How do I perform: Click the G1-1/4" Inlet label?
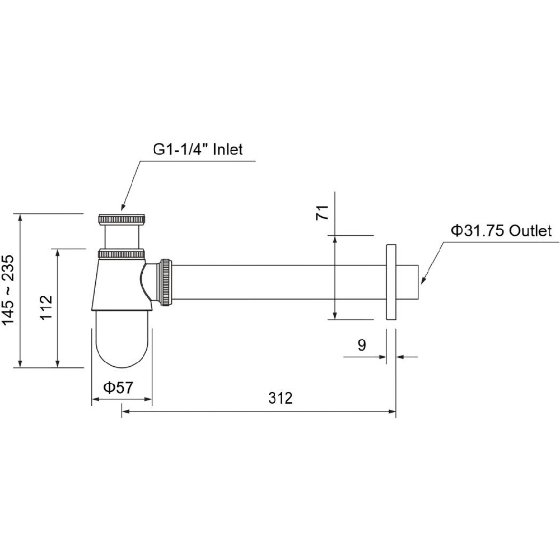[x=198, y=149]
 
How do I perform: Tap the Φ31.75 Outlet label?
[x=501, y=231]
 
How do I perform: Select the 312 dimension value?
[x=281, y=398]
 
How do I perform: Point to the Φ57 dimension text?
[x=118, y=388]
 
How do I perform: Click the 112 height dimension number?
[x=46, y=308]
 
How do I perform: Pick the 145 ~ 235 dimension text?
[x=8, y=290]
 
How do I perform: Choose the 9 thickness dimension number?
[x=362, y=345]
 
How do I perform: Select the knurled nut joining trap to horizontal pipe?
[x=166, y=282]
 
